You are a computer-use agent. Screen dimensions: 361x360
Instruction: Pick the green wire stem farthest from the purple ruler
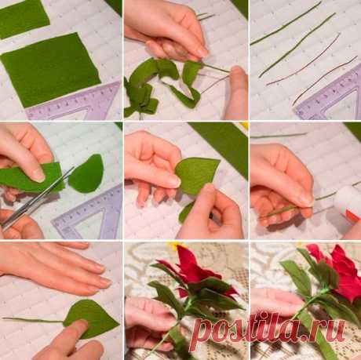[286, 24]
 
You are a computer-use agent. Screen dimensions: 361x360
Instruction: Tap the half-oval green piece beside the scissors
[86, 173]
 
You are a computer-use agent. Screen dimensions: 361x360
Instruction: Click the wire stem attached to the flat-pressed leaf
[33, 320]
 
